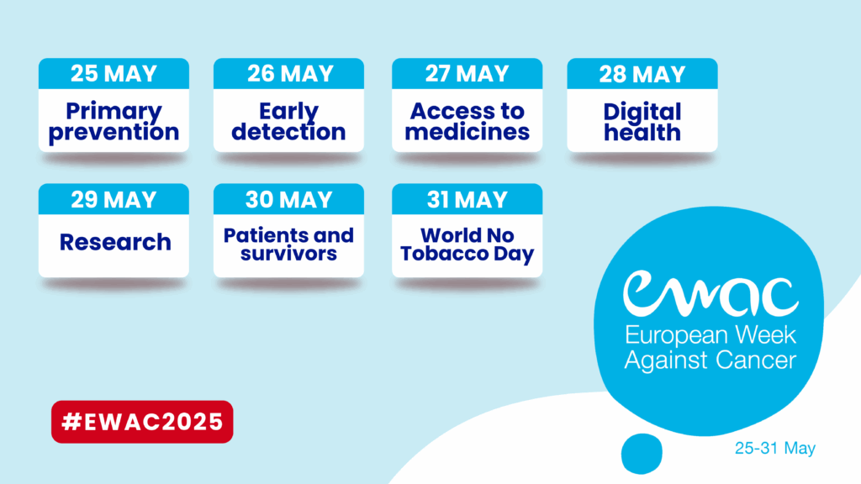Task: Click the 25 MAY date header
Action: [x=114, y=74]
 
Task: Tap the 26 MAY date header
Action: [x=289, y=74]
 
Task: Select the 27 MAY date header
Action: [x=467, y=74]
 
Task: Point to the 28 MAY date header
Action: [x=642, y=74]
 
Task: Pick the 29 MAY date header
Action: [x=114, y=199]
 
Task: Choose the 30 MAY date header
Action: [x=289, y=199]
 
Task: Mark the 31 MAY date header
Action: [x=467, y=199]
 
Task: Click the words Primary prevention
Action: [x=114, y=123]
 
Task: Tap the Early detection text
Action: [x=289, y=123]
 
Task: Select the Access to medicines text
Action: [x=467, y=121]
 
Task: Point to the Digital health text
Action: [x=642, y=123]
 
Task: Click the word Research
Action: [x=115, y=242]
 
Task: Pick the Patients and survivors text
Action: [x=289, y=245]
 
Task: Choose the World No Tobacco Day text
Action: [x=467, y=245]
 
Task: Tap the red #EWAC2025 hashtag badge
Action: [x=142, y=422]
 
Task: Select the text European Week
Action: [x=710, y=334]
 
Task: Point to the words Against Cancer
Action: [x=710, y=360]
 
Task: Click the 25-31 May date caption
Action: [x=775, y=449]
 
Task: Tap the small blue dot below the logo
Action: [x=642, y=454]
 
